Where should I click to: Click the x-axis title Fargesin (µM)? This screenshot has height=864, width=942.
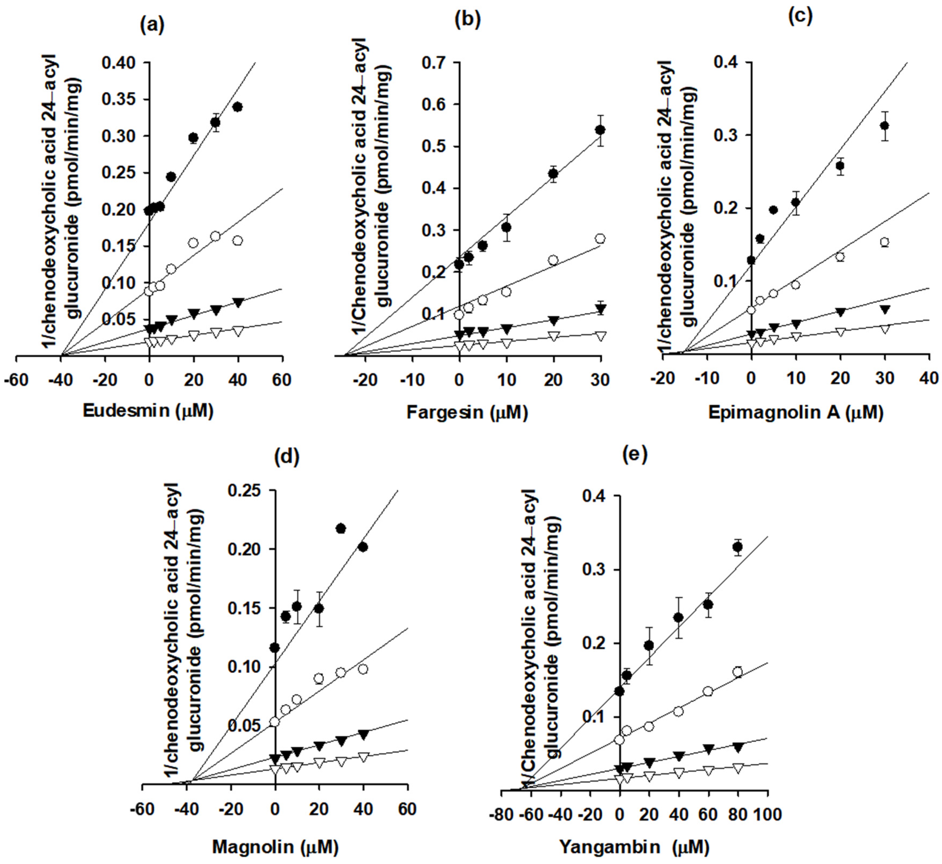[467, 412]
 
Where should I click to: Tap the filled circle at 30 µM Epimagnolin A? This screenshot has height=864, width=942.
[884, 126]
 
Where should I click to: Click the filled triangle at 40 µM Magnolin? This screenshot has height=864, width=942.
[363, 735]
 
